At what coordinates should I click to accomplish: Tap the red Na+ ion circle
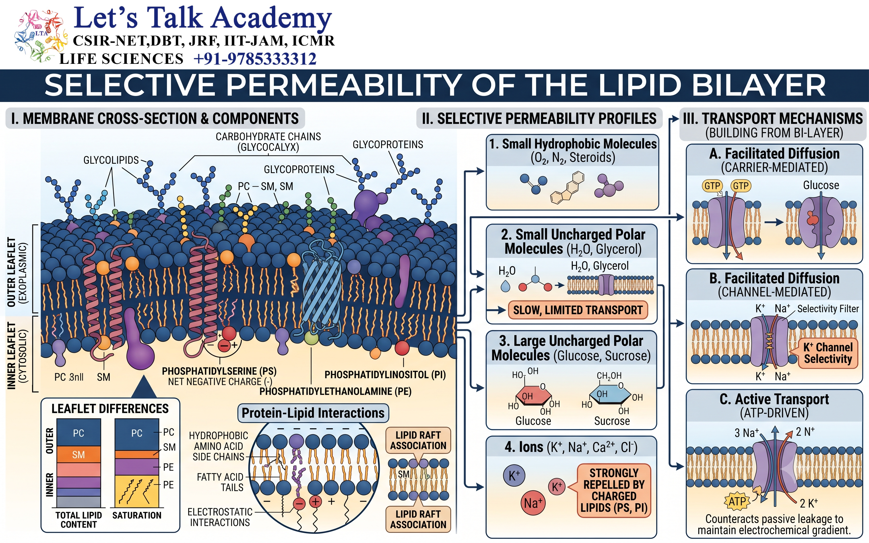pos(533,503)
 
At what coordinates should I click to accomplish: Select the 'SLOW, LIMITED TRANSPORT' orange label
pos(578,310)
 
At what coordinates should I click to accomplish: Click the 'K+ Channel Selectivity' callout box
pos(828,353)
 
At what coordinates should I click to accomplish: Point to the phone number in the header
pos(255,59)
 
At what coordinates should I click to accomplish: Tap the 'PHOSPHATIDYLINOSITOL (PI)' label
pos(385,375)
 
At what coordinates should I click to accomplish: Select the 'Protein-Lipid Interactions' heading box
pos(313,413)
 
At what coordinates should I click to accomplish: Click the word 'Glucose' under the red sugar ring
pos(533,421)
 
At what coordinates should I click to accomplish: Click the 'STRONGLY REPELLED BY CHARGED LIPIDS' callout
pos(614,491)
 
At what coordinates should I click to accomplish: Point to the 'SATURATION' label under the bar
pos(137,515)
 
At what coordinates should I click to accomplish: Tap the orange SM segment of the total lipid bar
pos(79,454)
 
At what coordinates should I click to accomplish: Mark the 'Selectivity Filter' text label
pos(828,309)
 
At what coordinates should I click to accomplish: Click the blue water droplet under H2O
pos(505,286)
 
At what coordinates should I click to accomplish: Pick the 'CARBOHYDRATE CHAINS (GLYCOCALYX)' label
pos(268,142)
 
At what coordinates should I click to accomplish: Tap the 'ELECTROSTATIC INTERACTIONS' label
pos(220,517)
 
